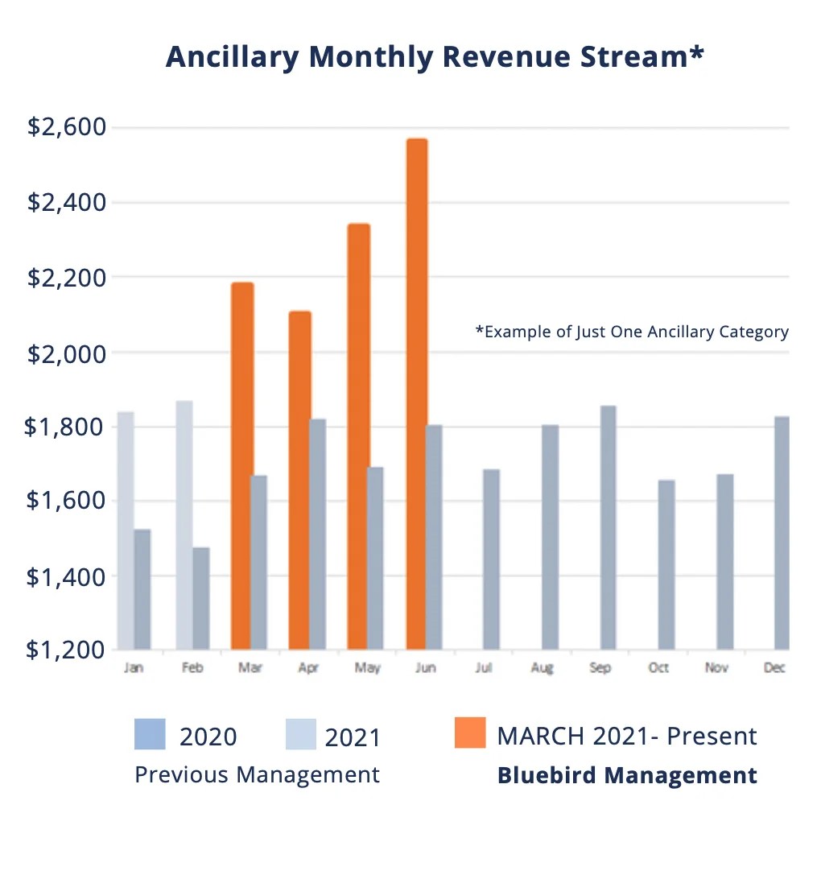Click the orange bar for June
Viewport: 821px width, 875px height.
(416, 394)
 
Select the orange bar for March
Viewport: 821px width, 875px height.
(241, 466)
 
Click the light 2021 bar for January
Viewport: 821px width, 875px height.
(125, 530)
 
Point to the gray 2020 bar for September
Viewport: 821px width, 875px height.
(608, 527)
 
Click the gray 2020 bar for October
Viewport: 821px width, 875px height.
(666, 564)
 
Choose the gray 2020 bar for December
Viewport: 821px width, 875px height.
(782, 533)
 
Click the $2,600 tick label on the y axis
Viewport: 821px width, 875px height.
(67, 127)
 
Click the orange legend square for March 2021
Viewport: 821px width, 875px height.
(470, 733)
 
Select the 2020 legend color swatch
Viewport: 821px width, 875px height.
(150, 733)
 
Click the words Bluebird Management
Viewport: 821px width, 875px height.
(627, 775)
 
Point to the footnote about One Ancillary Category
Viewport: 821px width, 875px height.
(632, 332)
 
